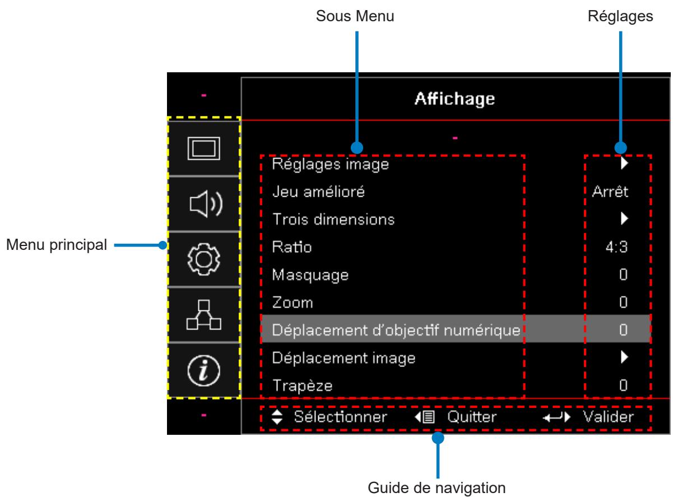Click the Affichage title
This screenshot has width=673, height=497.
(454, 99)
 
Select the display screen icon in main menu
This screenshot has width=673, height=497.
(203, 148)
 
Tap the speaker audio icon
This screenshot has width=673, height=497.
(206, 204)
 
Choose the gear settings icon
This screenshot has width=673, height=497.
(203, 259)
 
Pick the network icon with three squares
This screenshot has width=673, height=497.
(203, 315)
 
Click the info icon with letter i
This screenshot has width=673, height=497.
(203, 370)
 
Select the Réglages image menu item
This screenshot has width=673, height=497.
(330, 165)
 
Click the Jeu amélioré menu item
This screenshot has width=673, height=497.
(318, 192)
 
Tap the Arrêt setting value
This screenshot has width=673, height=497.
(610, 192)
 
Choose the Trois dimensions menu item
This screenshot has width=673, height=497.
(333, 220)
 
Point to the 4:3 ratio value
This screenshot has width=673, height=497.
(616, 247)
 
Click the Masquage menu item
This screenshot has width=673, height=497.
(310, 275)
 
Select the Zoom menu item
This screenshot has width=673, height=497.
(293, 303)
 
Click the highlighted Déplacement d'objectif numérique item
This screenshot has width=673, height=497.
(396, 330)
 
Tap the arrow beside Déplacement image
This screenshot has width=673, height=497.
(624, 357)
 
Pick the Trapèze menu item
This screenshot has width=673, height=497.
(302, 385)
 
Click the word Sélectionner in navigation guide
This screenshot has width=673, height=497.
(340, 416)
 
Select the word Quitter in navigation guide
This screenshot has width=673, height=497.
(472, 416)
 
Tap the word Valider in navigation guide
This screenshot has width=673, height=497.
(608, 416)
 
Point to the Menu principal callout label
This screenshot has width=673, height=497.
(57, 244)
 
